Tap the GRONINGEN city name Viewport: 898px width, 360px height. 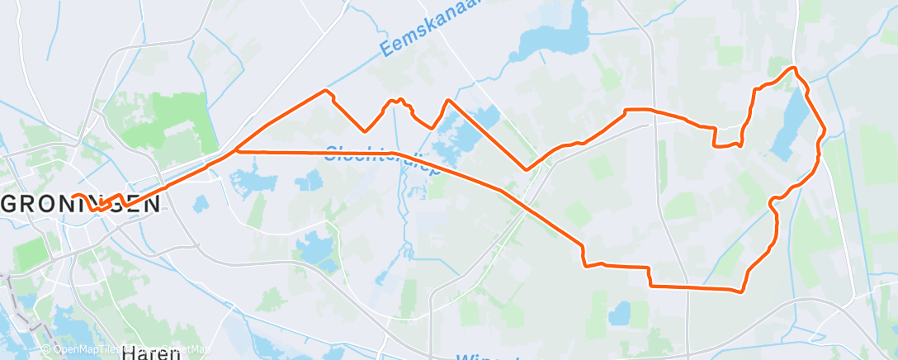pyautogui.click(x=81, y=204)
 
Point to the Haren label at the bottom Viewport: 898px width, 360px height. pyautogui.click(x=150, y=353)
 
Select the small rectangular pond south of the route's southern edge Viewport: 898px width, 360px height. pyautogui.click(x=619, y=312)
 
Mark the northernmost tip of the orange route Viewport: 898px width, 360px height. pyautogui.click(x=793, y=68)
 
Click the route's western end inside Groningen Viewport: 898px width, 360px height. pyautogui.click(x=73, y=197)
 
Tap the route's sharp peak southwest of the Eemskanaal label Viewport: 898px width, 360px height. pyautogui.click(x=326, y=89)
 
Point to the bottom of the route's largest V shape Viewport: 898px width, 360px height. pyautogui.click(x=526, y=169)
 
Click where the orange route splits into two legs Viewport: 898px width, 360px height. pyautogui.click(x=236, y=150)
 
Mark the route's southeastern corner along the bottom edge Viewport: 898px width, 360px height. pyautogui.click(x=742, y=290)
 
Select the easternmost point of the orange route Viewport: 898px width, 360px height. pyautogui.click(x=825, y=130)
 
